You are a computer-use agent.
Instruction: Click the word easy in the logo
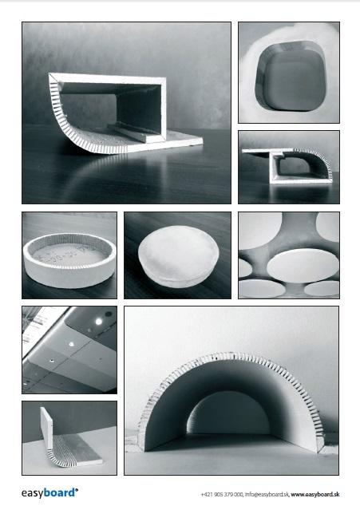pyautogui.click(x=32, y=493)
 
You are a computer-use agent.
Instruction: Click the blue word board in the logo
pyautogui.click(x=59, y=492)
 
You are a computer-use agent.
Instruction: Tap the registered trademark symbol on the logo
pyautogui.click(x=77, y=489)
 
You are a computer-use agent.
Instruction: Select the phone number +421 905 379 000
pyautogui.click(x=222, y=494)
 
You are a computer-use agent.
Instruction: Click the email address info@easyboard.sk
pyautogui.click(x=267, y=494)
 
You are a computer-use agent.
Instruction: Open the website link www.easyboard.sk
pyautogui.click(x=315, y=494)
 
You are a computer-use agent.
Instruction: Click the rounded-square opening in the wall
pyautogui.click(x=290, y=78)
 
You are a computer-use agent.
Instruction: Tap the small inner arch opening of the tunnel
pyautogui.click(x=229, y=413)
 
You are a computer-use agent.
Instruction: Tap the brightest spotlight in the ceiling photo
pyautogui.click(x=98, y=322)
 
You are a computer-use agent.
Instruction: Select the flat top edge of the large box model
pyautogui.click(x=107, y=78)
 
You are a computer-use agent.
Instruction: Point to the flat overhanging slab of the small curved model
pyautogui.click(x=267, y=151)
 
